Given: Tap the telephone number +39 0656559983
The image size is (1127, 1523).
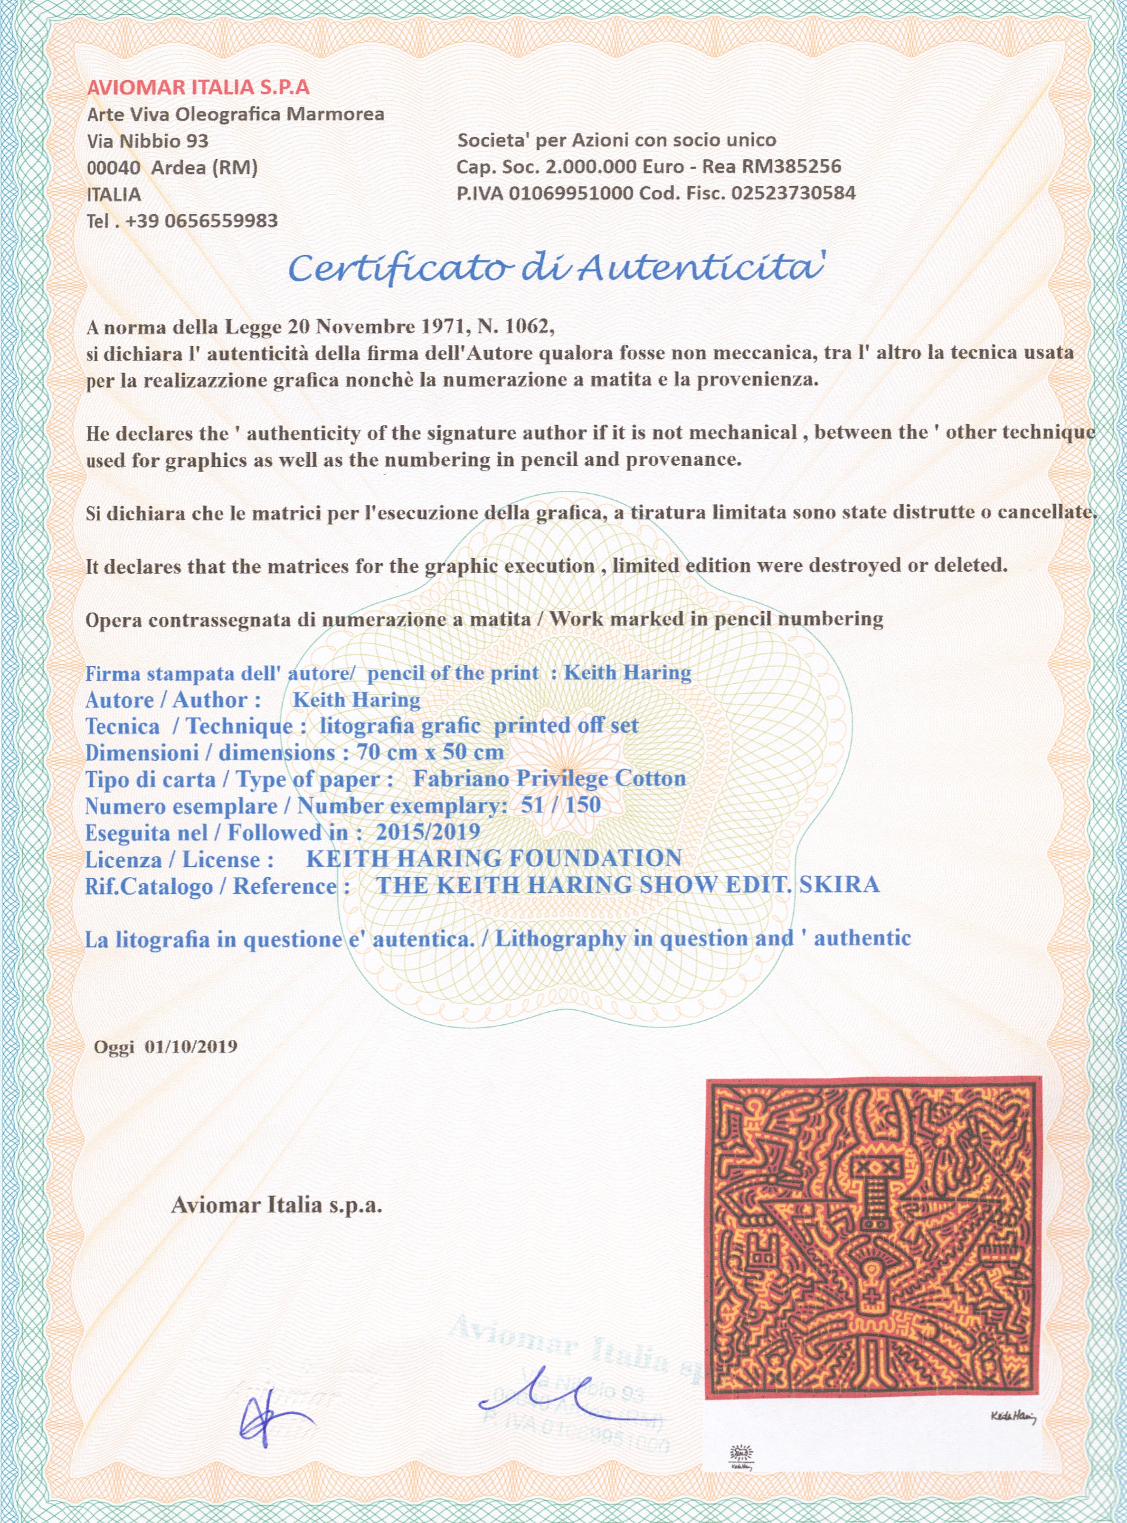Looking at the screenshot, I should tap(202, 221).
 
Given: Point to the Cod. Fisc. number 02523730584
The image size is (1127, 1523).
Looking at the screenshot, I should tap(793, 193).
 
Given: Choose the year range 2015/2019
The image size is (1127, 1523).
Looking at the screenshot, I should tap(428, 832).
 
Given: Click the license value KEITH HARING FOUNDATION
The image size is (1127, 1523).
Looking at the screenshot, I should tap(494, 859).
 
